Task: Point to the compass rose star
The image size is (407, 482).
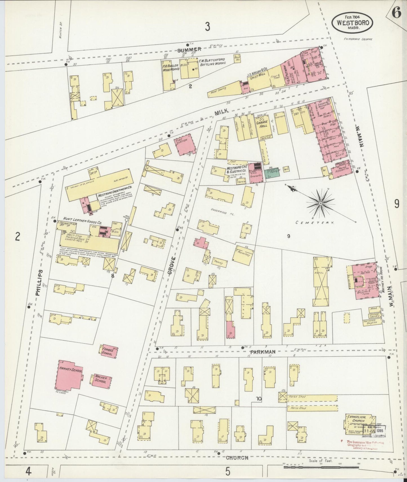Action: [x=321, y=203]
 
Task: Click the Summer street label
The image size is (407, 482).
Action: [x=189, y=49]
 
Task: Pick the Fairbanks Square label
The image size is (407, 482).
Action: [x=358, y=39]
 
